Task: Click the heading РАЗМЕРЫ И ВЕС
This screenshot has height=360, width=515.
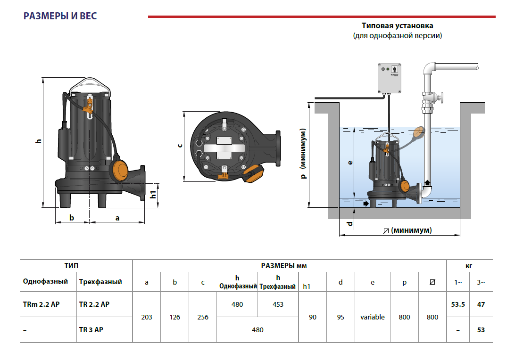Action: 60,16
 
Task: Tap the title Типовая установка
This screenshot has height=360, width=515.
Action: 397,25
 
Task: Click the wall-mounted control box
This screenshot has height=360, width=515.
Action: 391,78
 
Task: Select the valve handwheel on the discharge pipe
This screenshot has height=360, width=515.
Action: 443,98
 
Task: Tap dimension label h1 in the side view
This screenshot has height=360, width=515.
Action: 153,194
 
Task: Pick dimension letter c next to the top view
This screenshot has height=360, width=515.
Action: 179,146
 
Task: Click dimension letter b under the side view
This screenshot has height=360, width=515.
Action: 72,217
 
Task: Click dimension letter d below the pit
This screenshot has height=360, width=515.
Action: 349,223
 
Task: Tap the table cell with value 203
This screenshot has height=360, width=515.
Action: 147,317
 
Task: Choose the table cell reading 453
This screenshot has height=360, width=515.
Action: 278,304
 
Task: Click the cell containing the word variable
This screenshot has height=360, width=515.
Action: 373,317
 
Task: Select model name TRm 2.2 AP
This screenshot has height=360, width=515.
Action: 42,304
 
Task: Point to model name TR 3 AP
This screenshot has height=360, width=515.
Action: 91,330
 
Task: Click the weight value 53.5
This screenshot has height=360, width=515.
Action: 458,304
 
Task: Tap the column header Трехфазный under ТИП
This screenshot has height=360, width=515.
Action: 100,282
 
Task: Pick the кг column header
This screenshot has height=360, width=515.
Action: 469,266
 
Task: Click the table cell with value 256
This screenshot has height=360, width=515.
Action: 203,317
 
